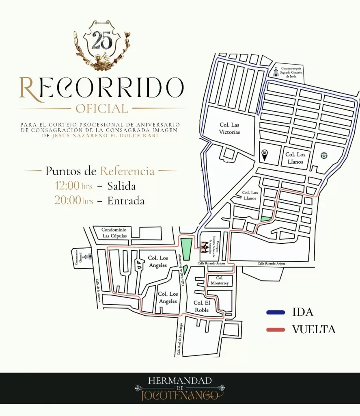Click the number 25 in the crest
[x=102, y=41]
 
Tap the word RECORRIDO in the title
[x=101, y=87]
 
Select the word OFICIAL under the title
[x=101, y=109]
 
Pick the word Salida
[x=121, y=186]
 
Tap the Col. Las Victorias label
[x=230, y=129]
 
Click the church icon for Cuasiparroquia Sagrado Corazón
[x=276, y=72]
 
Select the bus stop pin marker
[x=264, y=154]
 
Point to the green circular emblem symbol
[x=324, y=155]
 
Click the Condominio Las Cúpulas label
[x=114, y=232]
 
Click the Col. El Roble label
[x=201, y=306]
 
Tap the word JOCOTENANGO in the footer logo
[x=180, y=395]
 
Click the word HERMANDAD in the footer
[x=180, y=381]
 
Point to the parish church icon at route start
[x=203, y=247]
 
